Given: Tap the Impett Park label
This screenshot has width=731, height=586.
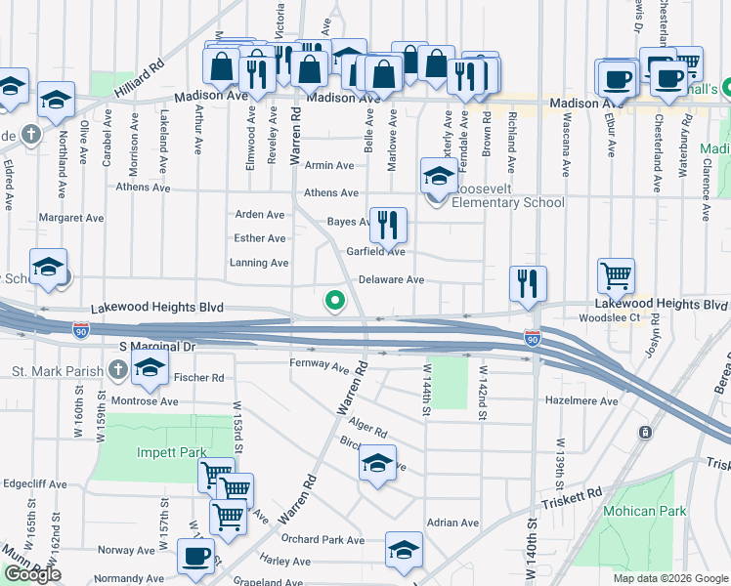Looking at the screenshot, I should (x=172, y=452).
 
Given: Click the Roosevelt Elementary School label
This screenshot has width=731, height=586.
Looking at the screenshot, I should (x=507, y=203).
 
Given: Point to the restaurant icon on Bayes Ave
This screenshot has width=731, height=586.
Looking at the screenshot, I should (x=388, y=226).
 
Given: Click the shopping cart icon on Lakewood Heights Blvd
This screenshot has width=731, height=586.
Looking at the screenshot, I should (x=616, y=275).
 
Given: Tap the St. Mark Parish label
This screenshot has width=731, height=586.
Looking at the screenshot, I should (x=58, y=370).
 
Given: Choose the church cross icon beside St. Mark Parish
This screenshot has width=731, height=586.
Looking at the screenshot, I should (x=118, y=370).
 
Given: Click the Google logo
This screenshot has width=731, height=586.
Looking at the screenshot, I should (x=32, y=574).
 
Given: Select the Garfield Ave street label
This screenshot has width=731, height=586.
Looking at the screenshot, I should (x=375, y=251).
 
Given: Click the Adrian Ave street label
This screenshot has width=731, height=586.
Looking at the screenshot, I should (x=452, y=523).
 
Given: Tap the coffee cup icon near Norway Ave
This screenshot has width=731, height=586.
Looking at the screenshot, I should (x=195, y=557).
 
